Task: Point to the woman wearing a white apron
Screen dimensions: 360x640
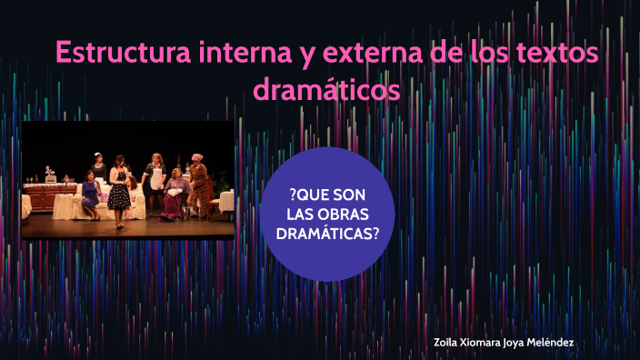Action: tap(156, 178)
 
